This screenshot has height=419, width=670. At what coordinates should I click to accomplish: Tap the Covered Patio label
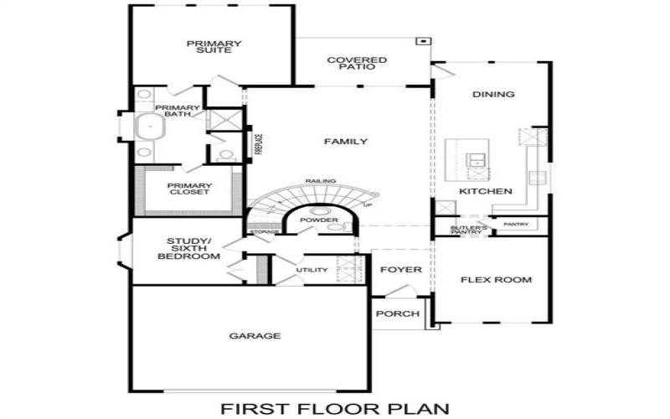click(357, 64)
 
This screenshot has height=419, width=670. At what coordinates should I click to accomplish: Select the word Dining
click(493, 95)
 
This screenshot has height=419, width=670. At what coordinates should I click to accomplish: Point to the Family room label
click(346, 142)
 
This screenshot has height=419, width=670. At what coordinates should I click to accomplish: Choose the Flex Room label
click(496, 279)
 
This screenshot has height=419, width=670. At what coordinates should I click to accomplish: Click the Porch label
click(397, 314)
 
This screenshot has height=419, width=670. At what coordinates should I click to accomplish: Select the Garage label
click(255, 336)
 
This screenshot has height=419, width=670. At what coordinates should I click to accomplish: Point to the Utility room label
click(311, 270)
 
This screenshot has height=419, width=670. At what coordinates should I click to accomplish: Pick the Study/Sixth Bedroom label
click(188, 249)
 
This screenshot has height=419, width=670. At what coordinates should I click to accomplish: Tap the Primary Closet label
click(188, 189)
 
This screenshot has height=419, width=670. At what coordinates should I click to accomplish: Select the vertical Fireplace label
click(260, 143)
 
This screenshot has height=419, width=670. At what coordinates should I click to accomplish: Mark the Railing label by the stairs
click(320, 181)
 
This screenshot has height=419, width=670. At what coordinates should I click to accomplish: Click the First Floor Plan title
click(335, 408)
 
